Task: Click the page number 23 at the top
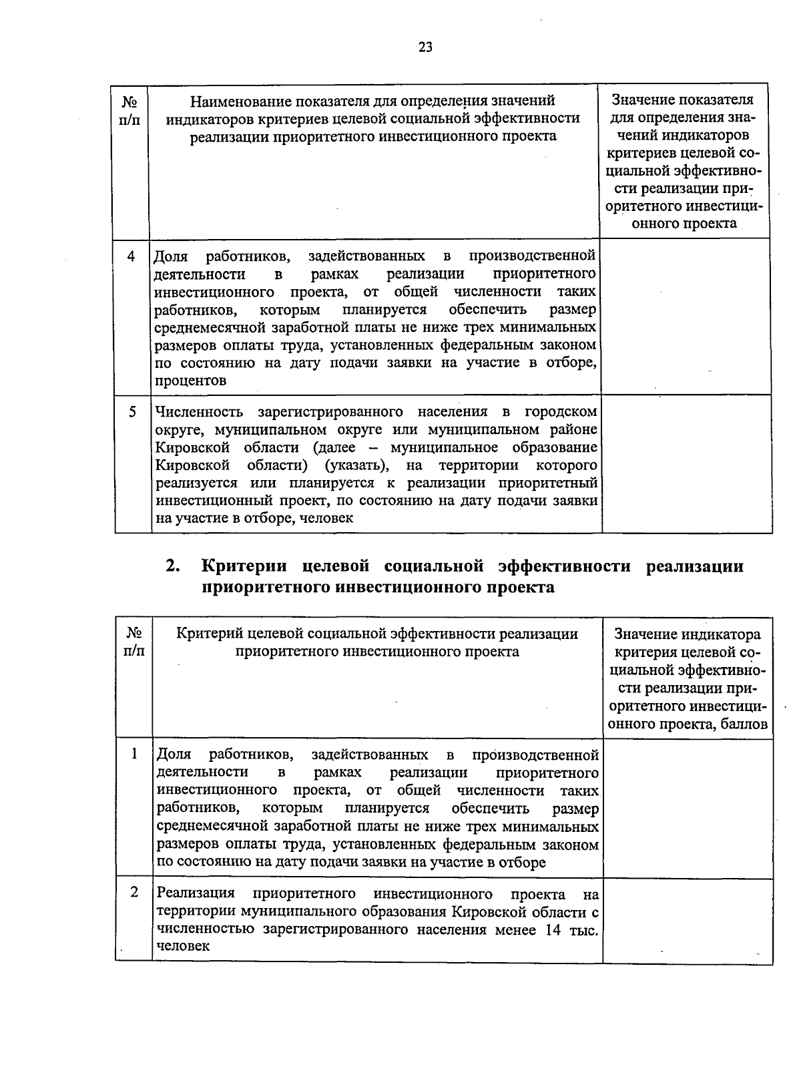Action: (x=425, y=47)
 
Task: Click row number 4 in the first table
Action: (x=131, y=256)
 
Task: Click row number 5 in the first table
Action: (x=133, y=412)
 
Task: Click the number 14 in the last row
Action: (x=552, y=929)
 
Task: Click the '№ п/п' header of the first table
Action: (x=131, y=111)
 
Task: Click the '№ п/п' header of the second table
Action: (x=133, y=641)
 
